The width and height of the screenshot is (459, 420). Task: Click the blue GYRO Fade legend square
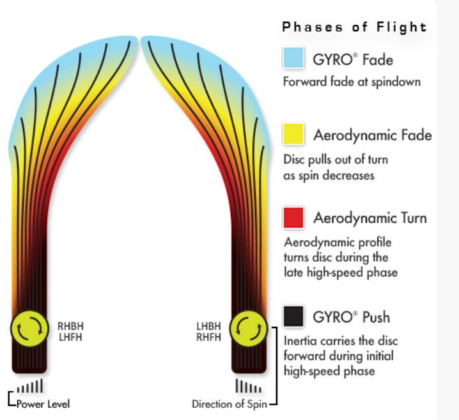coord(293,58)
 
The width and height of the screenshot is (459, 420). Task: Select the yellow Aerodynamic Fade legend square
coord(293,134)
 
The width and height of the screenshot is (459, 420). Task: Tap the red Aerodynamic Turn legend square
coord(293,218)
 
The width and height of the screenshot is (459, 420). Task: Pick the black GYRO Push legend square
coord(293,316)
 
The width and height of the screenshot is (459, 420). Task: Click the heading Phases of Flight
coord(354,27)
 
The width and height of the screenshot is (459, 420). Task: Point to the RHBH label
coord(70,326)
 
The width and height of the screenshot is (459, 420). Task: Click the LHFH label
coord(70,337)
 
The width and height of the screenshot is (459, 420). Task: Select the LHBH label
coord(208,326)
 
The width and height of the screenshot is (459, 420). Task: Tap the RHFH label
coord(208,337)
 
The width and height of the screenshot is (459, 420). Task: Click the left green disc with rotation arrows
coord(29,329)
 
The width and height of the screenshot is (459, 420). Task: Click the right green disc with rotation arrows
coord(249,329)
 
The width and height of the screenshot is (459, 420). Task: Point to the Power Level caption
coord(43,404)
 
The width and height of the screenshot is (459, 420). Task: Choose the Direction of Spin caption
coord(229,404)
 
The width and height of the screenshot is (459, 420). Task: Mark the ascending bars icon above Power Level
coord(30,386)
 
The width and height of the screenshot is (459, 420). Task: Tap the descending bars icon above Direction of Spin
coord(249,386)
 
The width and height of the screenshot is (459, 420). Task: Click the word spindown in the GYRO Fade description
coord(396,82)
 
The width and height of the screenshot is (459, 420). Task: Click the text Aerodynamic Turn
coord(370,218)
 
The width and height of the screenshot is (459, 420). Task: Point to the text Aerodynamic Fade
coord(373,135)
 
